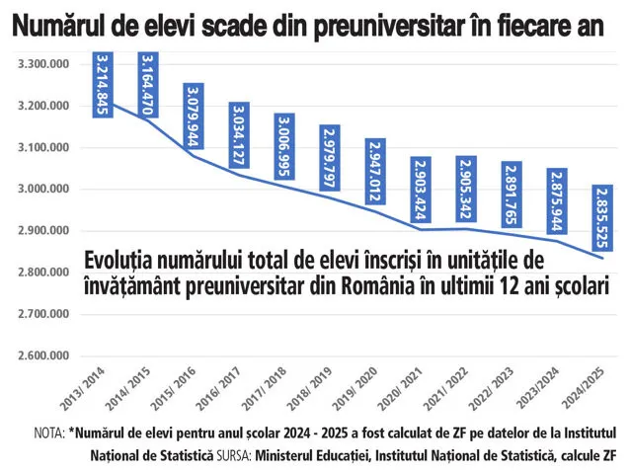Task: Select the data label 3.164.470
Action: click(148, 83)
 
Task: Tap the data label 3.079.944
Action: click(194, 115)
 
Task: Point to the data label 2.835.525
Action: click(603, 217)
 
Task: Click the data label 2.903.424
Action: click(421, 188)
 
